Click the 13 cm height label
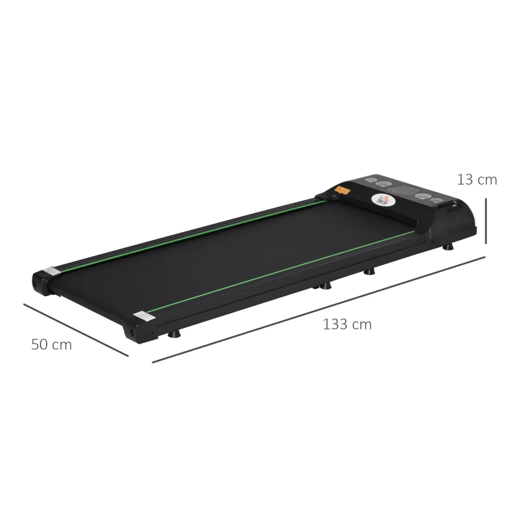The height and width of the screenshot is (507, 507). pyautogui.click(x=477, y=179)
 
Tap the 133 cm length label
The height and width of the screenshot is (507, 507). pyautogui.click(x=347, y=324)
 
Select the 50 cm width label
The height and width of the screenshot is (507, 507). pyautogui.click(x=51, y=345)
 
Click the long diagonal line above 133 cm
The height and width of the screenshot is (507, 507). pyautogui.click(x=317, y=310)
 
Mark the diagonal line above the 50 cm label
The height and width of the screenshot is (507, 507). pyautogui.click(x=75, y=330)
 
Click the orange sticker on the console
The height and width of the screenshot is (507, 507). pyautogui.click(x=343, y=189)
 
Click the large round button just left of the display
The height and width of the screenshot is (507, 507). pyautogui.click(x=383, y=185)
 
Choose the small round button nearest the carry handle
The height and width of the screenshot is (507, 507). pyautogui.click(x=437, y=201)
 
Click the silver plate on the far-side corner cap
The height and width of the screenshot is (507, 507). pyautogui.click(x=51, y=271)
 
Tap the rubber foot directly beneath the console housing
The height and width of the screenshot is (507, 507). pyautogui.click(x=449, y=248)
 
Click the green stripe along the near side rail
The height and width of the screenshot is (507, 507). pyautogui.click(x=279, y=271)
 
